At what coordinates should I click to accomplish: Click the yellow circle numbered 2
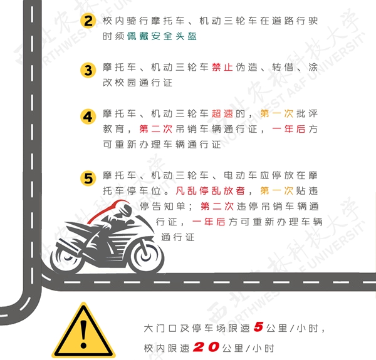point(88,21)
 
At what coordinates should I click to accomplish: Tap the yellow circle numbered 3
point(88,70)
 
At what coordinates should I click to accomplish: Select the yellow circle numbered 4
point(88,116)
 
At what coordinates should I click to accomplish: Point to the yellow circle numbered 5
point(88,178)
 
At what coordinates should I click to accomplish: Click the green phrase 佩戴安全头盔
point(162,36)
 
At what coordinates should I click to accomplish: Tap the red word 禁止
point(222,67)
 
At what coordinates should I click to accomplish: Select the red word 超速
point(222,113)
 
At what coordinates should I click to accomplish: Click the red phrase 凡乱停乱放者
point(211,191)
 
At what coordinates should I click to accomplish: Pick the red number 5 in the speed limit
point(258,327)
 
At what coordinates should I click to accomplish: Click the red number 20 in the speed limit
point(206,347)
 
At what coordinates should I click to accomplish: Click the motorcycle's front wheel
point(146,255)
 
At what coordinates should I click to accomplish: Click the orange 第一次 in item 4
point(277,113)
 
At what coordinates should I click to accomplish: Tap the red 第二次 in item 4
point(156,129)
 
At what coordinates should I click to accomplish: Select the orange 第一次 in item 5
point(277,191)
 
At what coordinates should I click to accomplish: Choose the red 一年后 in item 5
point(209,222)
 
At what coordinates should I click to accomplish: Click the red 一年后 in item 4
point(289,129)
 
